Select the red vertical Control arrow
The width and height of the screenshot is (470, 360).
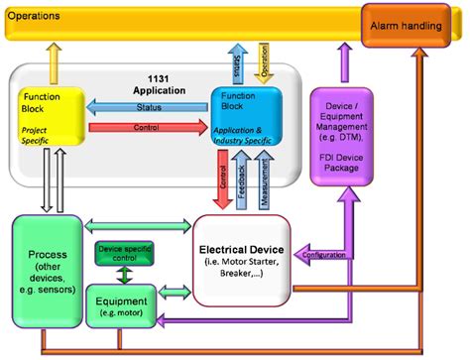coord(222,180)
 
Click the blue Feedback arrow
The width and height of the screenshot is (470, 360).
coord(242,180)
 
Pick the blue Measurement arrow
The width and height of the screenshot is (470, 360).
coord(263,180)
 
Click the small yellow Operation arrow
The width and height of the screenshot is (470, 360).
coord(264,60)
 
